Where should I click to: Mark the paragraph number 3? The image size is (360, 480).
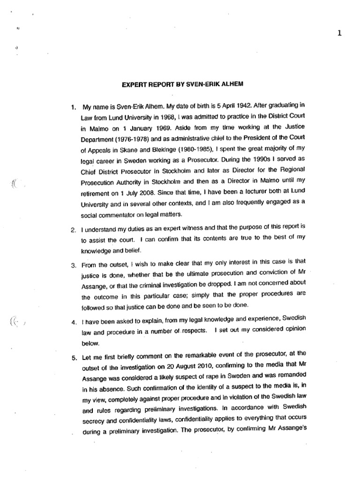click(x=74, y=265)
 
